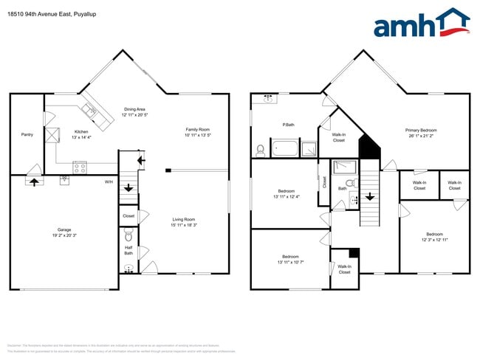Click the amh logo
pyautogui.click(x=421, y=24)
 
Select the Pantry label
pyautogui.click(x=27, y=134)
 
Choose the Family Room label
pyautogui.click(x=197, y=130)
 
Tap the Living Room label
pyautogui.click(x=184, y=219)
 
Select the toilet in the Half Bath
pyautogui.click(x=128, y=237)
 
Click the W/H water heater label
pyautogui.click(x=109, y=181)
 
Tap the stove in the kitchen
pyautogui.click(x=79, y=167)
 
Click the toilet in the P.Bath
pyautogui.click(x=261, y=150)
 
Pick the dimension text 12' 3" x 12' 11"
pyautogui.click(x=434, y=240)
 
